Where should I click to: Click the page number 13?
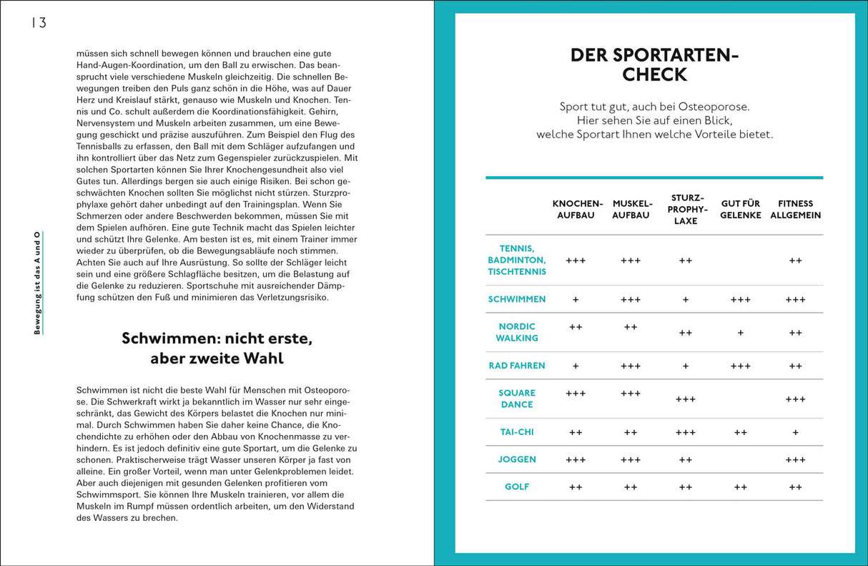tap(39, 23)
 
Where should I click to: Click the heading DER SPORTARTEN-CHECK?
tap(654, 65)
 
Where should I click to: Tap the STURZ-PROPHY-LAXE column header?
tap(686, 210)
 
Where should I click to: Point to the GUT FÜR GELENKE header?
tap(740, 210)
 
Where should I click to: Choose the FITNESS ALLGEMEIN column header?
tap(795, 210)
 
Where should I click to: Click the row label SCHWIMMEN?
tap(517, 300)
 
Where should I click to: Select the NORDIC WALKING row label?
tap(517, 333)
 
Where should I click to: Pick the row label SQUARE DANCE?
tap(517, 399)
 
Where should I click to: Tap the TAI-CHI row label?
tap(517, 432)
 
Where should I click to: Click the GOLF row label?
tap(517, 487)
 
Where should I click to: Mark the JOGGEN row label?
tap(517, 460)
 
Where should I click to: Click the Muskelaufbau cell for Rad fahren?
tap(631, 366)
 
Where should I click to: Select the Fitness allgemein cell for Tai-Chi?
tap(795, 433)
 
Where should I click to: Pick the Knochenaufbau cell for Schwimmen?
tap(576, 300)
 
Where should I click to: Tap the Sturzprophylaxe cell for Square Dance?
tap(686, 399)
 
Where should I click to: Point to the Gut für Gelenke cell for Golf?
tap(740, 487)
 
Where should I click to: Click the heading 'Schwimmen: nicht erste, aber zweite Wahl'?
tap(217, 348)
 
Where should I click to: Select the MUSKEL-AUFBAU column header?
tap(631, 210)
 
